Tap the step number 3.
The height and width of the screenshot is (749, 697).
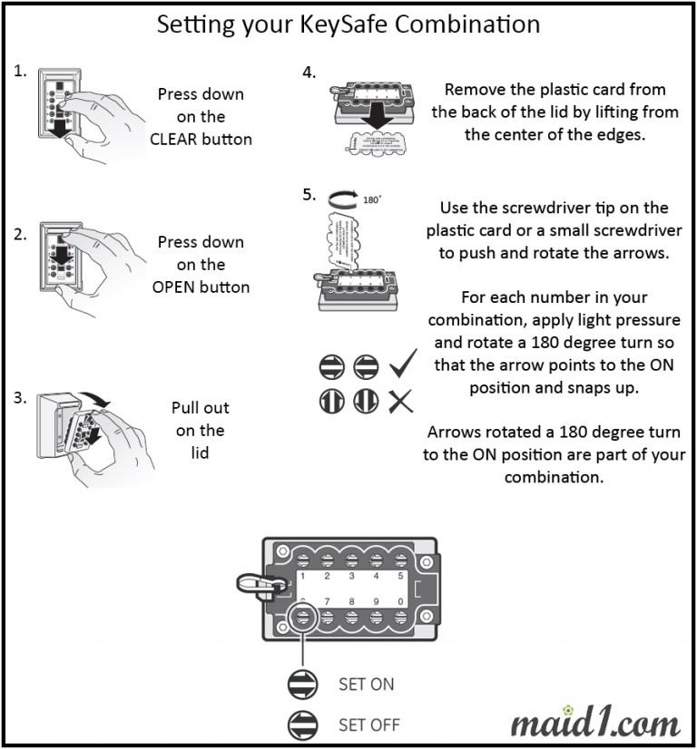pos(21,398)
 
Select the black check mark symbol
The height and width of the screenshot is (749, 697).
pos(401,367)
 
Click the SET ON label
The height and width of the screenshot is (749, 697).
pos(366,684)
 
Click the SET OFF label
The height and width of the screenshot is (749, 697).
pos(368,725)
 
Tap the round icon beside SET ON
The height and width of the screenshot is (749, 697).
pos(302,685)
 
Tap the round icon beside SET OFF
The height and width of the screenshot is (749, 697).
pos(302,725)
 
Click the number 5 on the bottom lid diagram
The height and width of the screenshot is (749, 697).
pos(400,577)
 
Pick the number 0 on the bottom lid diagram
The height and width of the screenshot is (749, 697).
pos(400,601)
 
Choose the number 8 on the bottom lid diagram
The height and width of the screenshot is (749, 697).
pos(351,601)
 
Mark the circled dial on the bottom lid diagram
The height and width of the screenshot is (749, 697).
pos(302,618)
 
